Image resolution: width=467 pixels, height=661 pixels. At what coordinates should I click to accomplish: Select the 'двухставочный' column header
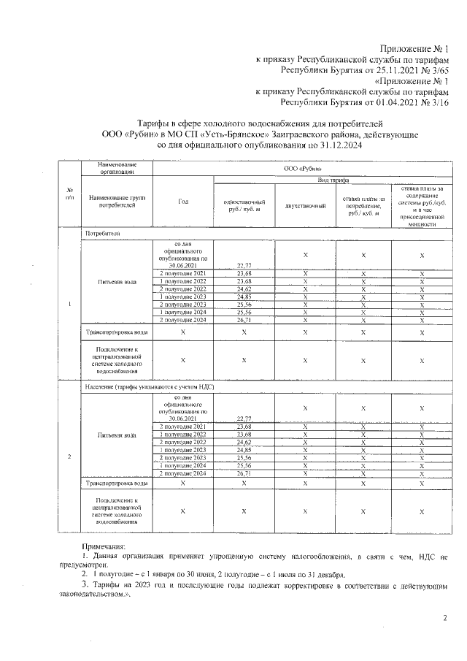pos(305,206)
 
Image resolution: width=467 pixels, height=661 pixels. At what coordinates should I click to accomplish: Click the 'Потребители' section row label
pos(102,234)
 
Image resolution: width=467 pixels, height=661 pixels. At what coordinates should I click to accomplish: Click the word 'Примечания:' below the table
pos(104,546)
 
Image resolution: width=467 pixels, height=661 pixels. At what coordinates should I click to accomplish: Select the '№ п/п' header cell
pos(69,196)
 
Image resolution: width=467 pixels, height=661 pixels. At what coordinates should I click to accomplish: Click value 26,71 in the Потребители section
pos(244,320)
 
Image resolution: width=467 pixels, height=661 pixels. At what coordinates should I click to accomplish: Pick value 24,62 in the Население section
pos(244,443)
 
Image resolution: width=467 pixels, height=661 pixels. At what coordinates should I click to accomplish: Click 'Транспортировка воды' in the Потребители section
pos(116,332)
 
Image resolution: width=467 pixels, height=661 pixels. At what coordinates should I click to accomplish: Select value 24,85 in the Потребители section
pos(244,297)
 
